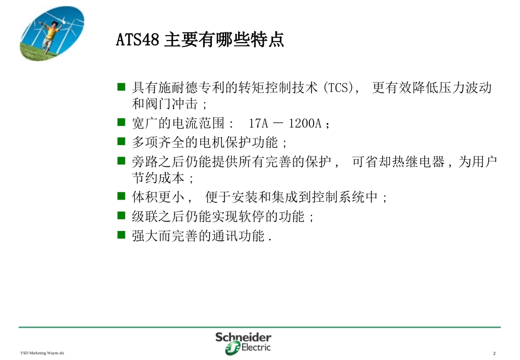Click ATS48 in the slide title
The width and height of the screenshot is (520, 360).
[137, 40]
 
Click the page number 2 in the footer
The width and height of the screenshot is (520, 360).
[494, 353]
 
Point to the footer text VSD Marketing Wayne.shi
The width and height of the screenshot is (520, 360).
[42, 353]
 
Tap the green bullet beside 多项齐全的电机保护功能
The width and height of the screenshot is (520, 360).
[122, 142]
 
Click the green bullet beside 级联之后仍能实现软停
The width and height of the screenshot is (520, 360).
[122, 216]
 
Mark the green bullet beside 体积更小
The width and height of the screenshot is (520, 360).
[122, 196]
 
